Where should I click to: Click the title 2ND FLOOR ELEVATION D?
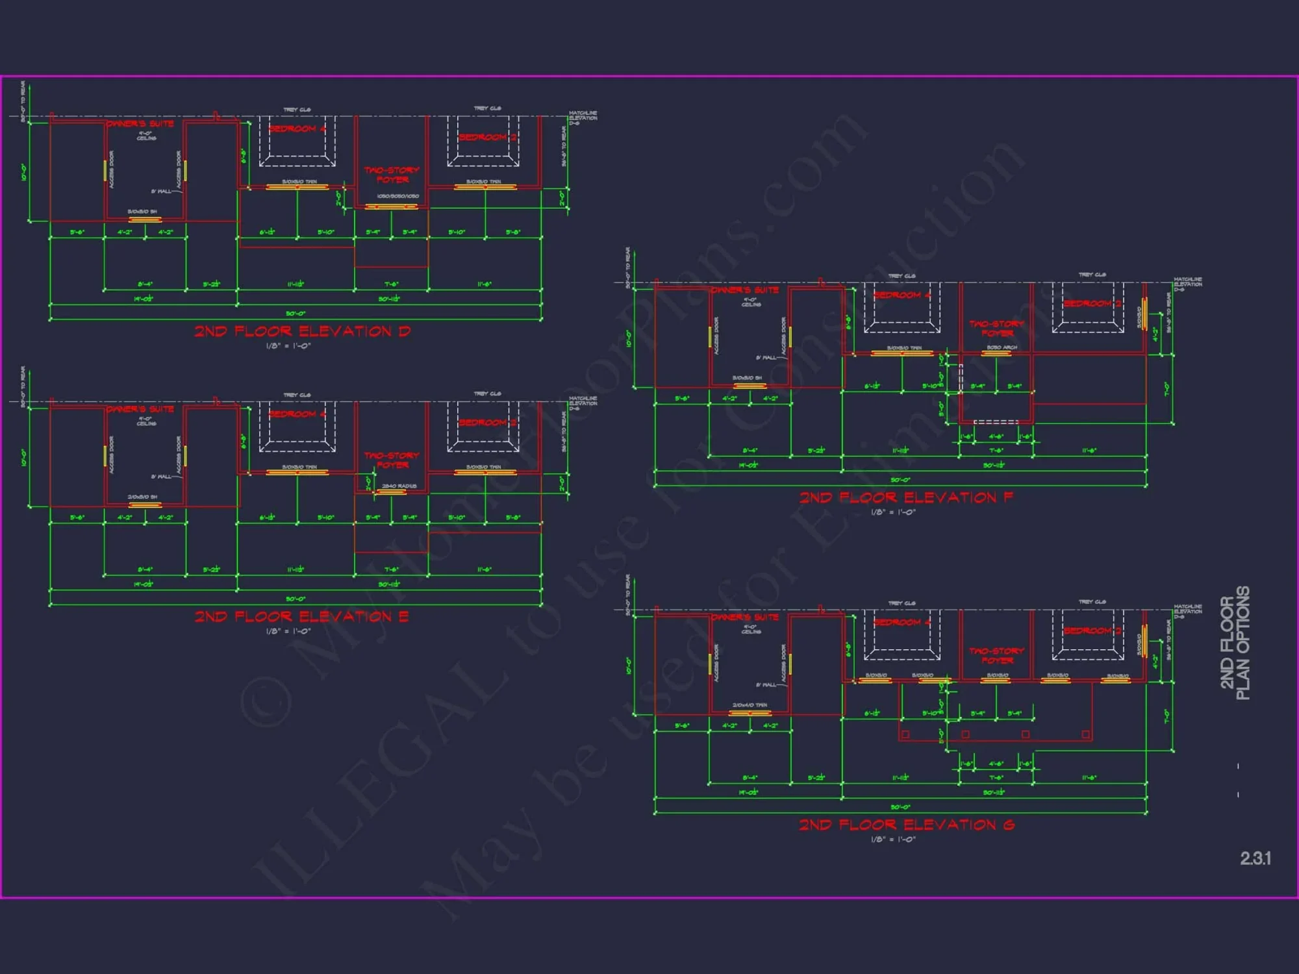[x=303, y=331]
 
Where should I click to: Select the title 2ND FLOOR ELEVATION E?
[x=302, y=616]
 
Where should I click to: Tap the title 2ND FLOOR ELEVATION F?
[x=906, y=497]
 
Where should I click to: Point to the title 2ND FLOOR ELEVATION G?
[x=907, y=825]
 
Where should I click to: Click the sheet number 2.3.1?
[x=1255, y=858]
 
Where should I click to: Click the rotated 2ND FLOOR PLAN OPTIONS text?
[x=1235, y=643]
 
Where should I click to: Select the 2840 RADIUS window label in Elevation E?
[x=399, y=486]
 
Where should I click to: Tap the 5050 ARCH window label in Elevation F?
[x=1002, y=347]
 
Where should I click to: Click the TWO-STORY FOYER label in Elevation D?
[x=392, y=175]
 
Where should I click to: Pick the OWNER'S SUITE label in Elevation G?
[x=745, y=617]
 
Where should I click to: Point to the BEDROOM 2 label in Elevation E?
[x=488, y=423]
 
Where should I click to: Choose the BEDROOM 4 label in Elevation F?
[x=902, y=295]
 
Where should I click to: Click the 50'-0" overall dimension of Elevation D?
[x=296, y=314]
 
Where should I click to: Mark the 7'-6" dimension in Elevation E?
[x=391, y=569]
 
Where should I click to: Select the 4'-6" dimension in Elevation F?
[x=996, y=436]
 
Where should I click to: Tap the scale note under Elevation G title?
[x=893, y=840]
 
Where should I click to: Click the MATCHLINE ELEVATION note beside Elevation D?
[x=583, y=118]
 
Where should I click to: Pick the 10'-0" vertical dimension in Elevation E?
[x=24, y=458]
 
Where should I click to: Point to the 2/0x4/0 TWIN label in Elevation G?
[x=750, y=705]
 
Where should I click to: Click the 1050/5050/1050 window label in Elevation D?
[x=397, y=196]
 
